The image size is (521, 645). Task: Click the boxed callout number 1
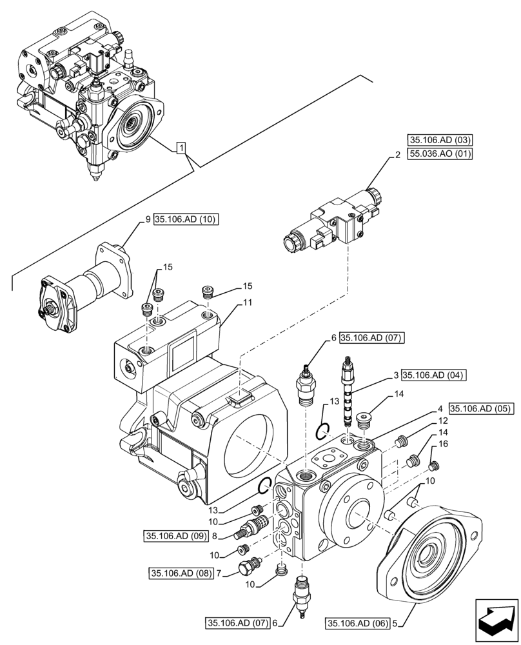pos(183,149)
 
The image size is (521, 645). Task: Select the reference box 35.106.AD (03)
pos(439,139)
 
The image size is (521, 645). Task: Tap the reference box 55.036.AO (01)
pos(439,154)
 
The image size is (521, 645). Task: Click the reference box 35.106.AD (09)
pos(175,535)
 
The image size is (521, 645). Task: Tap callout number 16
pos(442,444)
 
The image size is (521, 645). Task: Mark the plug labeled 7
pos(248,566)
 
